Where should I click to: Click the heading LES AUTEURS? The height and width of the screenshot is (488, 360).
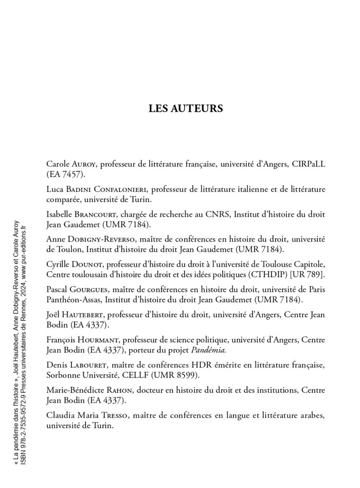186,109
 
